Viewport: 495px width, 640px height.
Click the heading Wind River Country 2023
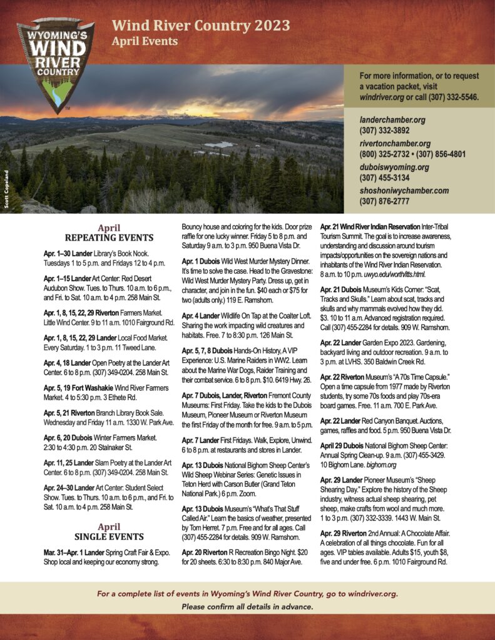(200, 26)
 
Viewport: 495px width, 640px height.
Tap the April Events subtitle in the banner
(144, 42)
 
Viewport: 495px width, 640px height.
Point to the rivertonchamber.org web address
(395, 144)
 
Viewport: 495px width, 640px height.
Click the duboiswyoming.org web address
(394, 167)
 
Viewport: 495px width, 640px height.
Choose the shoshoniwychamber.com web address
(404, 191)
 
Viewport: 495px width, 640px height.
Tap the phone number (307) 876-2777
(384, 201)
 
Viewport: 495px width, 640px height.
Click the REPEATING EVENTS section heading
(109, 237)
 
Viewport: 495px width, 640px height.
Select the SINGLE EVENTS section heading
(109, 537)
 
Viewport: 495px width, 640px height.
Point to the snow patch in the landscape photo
(218, 144)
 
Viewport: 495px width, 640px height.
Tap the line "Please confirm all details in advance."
(247, 607)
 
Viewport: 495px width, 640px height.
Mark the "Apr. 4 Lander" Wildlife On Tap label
(202, 316)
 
